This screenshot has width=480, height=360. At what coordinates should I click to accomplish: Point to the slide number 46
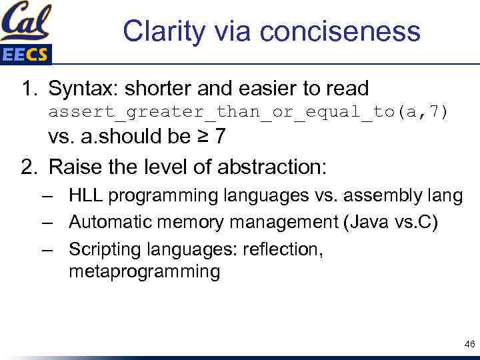point(469,345)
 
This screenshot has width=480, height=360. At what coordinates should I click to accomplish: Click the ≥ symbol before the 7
point(201,137)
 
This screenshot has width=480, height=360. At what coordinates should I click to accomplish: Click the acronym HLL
point(85,196)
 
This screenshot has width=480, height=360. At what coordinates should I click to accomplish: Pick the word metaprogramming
point(144,272)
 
